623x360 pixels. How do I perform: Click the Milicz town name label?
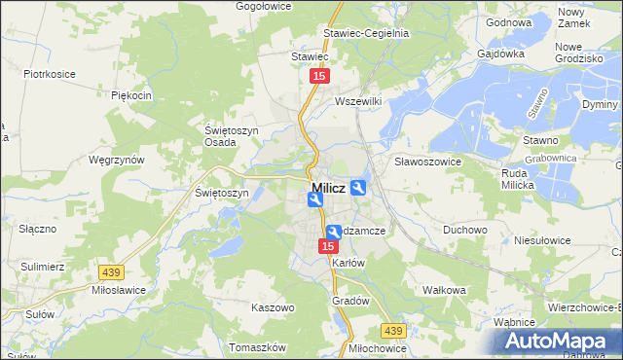pyautogui.click(x=329, y=188)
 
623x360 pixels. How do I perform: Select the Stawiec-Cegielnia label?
pyautogui.click(x=373, y=32)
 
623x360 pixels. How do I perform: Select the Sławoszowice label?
pyautogui.click(x=427, y=161)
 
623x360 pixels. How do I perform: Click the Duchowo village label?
pyautogui.click(x=464, y=230)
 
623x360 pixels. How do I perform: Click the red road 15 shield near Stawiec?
pyautogui.click(x=318, y=75)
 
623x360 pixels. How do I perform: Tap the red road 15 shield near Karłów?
pyautogui.click(x=329, y=247)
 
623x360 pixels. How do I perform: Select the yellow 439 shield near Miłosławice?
pyautogui.click(x=108, y=272)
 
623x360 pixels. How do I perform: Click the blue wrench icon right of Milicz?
pyautogui.click(x=358, y=188)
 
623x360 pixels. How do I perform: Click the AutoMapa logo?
pyautogui.click(x=559, y=342)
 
